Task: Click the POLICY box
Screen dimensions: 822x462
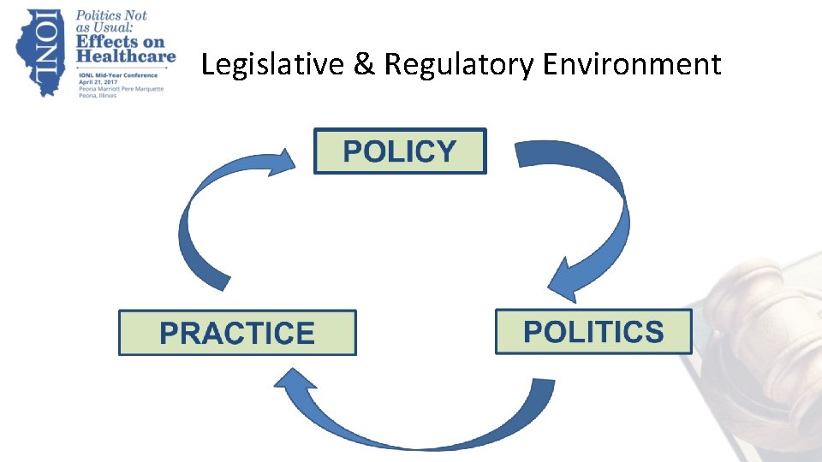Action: coord(400,151)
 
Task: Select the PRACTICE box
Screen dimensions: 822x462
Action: coord(237,333)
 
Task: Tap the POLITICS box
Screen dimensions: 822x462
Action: coord(593,331)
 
